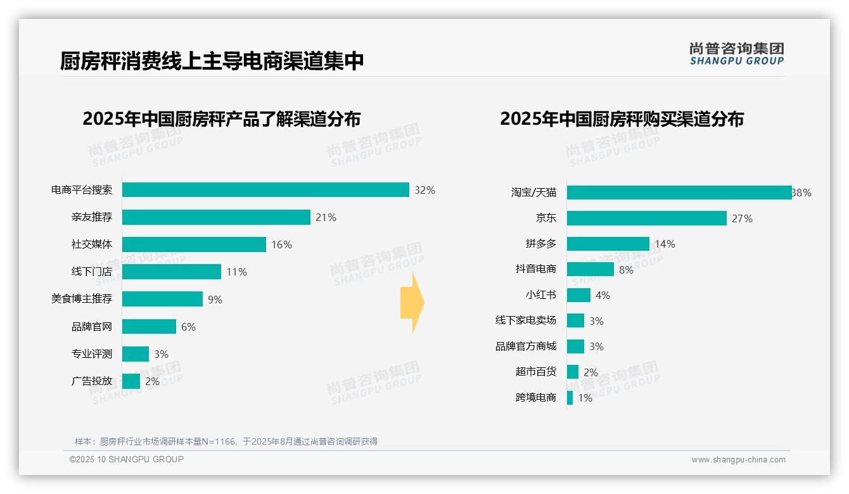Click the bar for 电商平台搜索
click(x=265, y=190)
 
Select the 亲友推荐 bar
click(x=216, y=217)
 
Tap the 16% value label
click(x=281, y=245)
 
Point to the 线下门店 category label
click(x=91, y=272)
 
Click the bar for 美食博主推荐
click(x=162, y=299)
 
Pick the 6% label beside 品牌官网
click(x=188, y=327)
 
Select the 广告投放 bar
click(x=131, y=381)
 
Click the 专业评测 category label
click(x=91, y=354)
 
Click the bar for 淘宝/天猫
click(x=679, y=193)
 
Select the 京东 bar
click(x=646, y=218)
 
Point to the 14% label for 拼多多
click(x=665, y=244)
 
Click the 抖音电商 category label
click(x=535, y=269)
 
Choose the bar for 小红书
click(x=578, y=295)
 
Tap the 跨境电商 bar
click(x=570, y=398)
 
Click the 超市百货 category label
click(x=535, y=372)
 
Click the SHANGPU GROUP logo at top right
click(x=736, y=54)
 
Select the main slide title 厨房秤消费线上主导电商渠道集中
click(x=212, y=61)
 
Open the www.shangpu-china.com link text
click(x=738, y=460)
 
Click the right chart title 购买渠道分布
click(x=622, y=119)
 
